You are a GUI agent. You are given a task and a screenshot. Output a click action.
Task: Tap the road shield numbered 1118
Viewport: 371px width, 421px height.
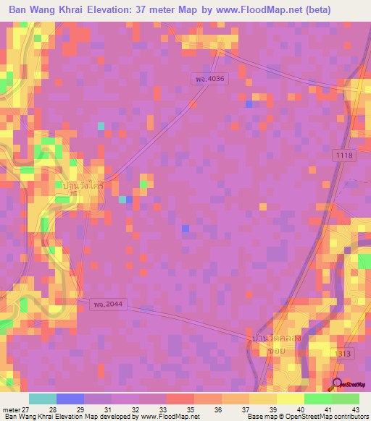[345, 156]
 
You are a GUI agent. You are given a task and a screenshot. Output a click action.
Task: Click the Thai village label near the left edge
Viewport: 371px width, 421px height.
[83, 186]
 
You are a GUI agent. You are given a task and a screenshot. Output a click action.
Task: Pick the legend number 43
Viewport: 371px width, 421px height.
[354, 409]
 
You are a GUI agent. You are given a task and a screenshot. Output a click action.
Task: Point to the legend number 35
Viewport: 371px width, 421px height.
[190, 409]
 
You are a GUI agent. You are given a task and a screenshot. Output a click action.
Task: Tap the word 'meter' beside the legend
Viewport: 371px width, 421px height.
[10, 409]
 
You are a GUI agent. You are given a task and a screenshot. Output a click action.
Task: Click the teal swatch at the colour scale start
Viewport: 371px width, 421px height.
[43, 399]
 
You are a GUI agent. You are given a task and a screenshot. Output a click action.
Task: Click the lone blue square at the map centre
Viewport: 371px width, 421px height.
[185, 229]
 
